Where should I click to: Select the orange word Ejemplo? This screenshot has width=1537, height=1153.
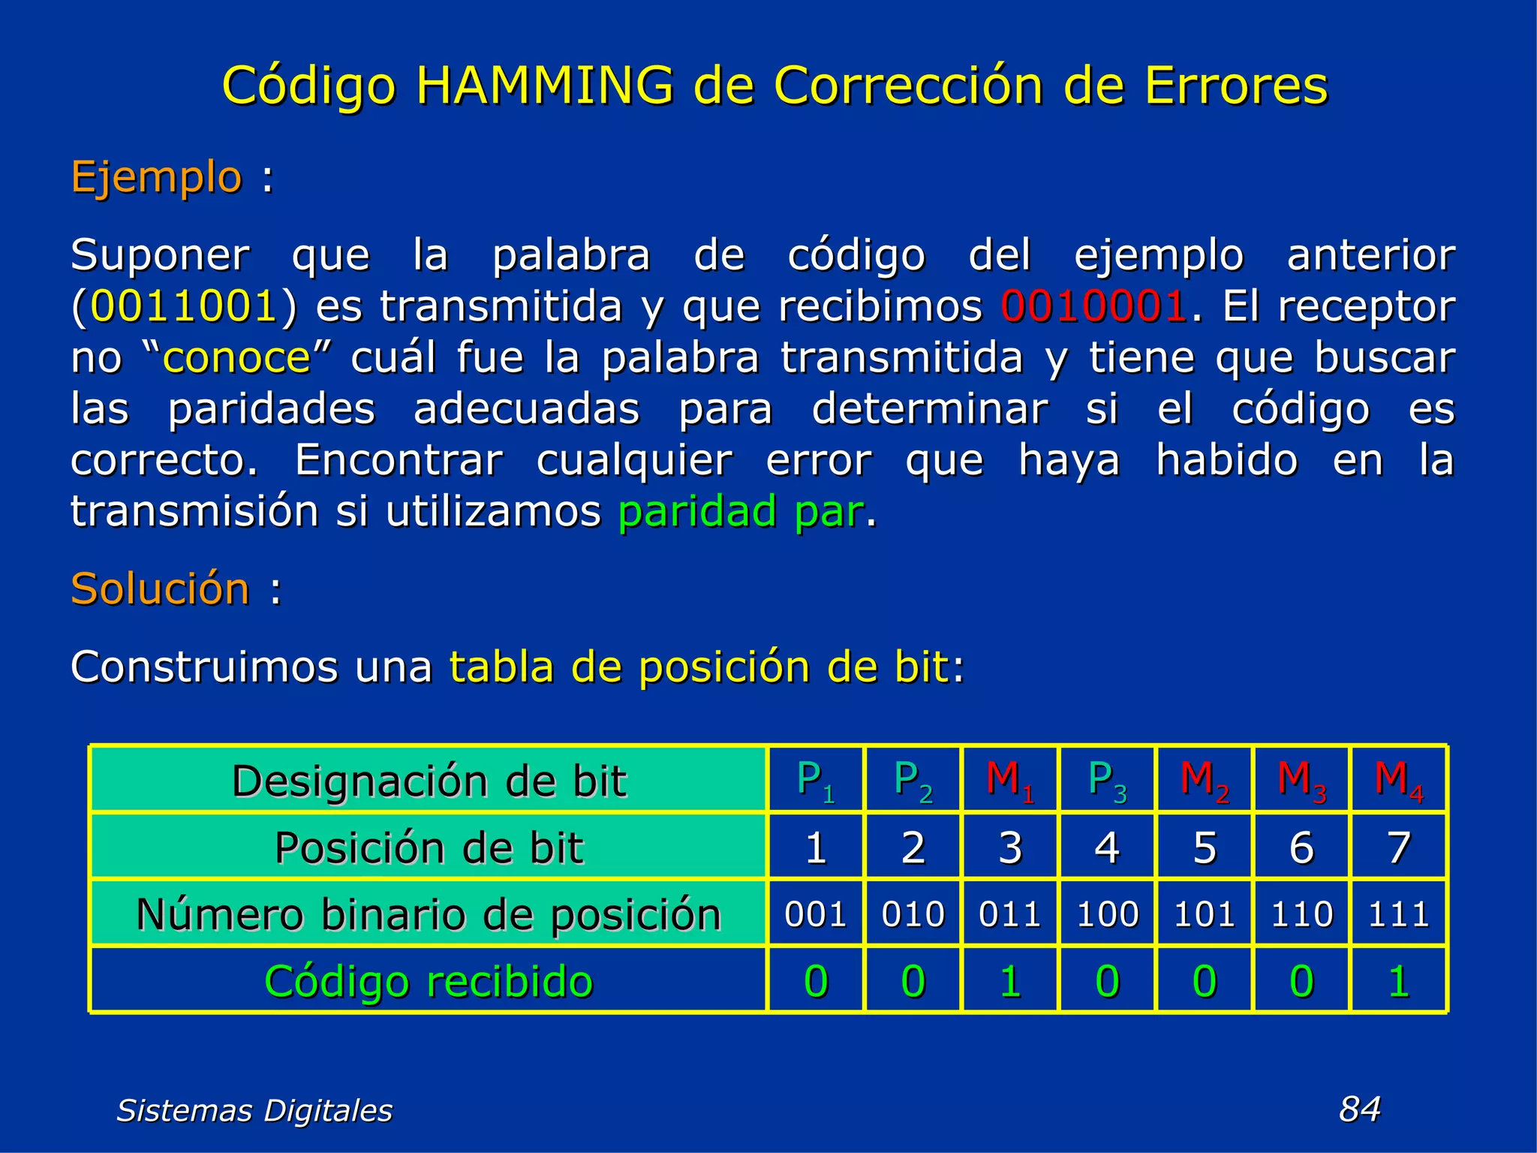[156, 178]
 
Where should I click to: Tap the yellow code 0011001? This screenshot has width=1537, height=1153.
[184, 306]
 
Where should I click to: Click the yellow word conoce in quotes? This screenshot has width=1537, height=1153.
[236, 357]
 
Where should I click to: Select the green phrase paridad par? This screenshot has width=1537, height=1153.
[741, 512]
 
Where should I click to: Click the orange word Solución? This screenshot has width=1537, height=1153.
[160, 589]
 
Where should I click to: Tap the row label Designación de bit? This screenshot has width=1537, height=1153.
[429, 781]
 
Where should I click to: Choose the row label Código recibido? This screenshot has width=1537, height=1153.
[429, 981]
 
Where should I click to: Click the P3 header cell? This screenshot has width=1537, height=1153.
[1107, 781]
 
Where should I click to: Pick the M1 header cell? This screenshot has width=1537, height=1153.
[1009, 781]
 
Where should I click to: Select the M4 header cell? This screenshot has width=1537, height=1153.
[1398, 781]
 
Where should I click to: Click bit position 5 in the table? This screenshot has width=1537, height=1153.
[1205, 847]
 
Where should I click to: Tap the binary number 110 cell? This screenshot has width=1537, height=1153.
[1301, 914]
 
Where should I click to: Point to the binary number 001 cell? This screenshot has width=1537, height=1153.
[816, 914]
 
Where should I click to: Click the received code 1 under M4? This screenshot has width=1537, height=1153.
[1398, 981]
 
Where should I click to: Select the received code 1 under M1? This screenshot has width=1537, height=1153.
[1009, 981]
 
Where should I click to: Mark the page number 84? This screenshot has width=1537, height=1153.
[1360, 1109]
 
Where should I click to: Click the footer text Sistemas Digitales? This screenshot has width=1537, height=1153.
[254, 1110]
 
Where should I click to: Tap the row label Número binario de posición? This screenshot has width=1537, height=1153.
[429, 914]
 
